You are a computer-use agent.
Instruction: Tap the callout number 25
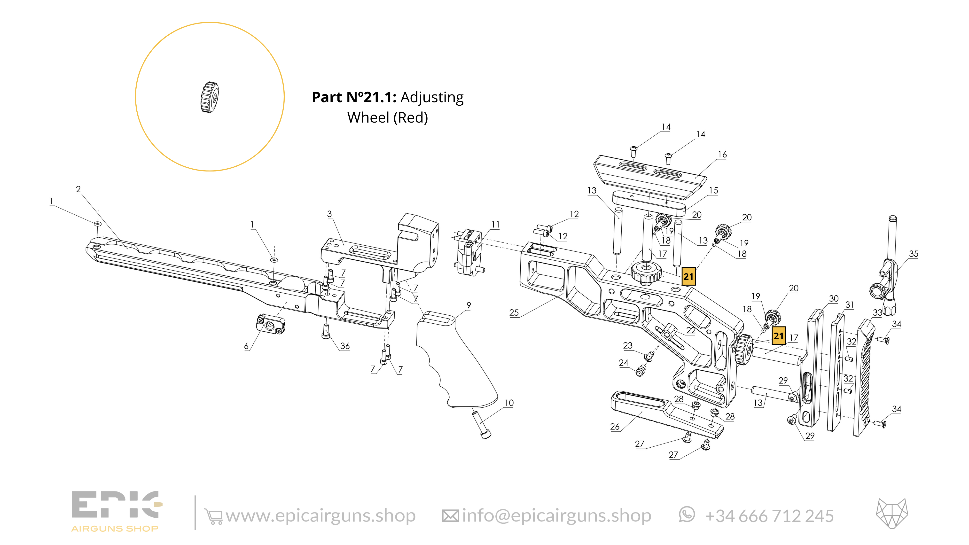[x=514, y=312]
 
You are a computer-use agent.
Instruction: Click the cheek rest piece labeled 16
[x=651, y=177]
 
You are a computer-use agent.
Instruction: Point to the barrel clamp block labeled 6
[x=270, y=325]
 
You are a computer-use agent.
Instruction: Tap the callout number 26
[x=615, y=427]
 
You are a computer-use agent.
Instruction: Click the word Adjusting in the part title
[x=432, y=97]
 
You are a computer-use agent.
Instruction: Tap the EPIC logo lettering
[x=115, y=504]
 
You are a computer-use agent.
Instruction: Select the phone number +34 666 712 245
[x=769, y=516]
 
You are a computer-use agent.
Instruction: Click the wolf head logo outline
[x=891, y=514]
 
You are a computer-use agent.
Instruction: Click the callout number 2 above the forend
[x=78, y=189]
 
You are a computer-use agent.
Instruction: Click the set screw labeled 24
[x=641, y=372]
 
